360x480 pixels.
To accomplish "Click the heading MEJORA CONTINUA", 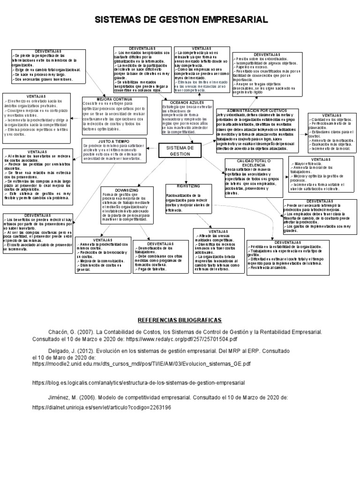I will tap(114, 99).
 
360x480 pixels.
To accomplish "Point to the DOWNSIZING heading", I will tap(127, 190).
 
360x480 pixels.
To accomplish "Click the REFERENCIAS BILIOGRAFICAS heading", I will tap(180, 320).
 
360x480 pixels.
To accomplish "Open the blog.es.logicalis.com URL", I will tap(138, 382).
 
